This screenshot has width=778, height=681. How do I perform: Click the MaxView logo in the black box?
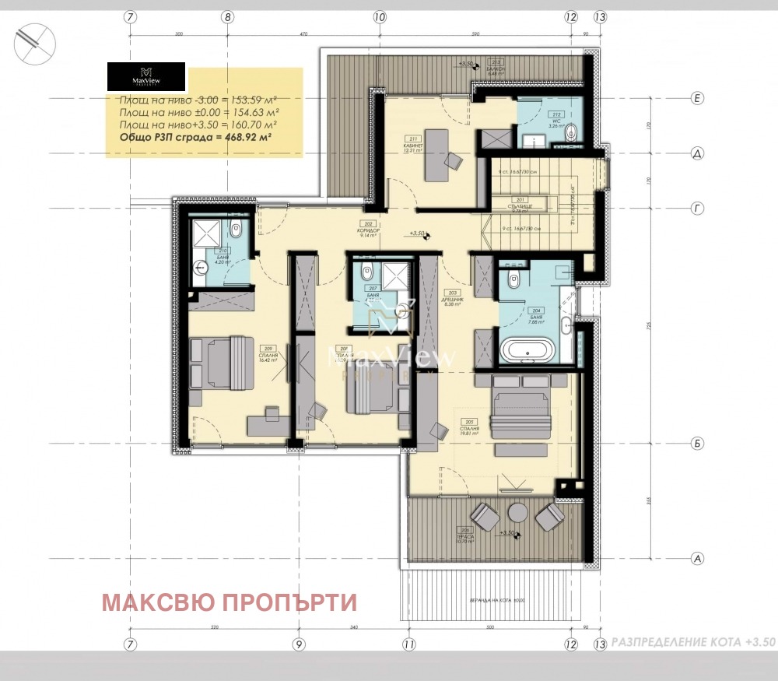coord(145,78)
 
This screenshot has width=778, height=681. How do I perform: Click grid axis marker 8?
coord(227,16)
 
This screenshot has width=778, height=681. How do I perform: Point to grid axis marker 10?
coord(379,16)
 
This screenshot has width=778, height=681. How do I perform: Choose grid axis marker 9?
coord(297,644)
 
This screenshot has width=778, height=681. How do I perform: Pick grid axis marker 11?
coord(408,644)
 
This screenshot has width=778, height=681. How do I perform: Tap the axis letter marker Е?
coord(698,98)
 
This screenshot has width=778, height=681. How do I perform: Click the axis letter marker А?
coord(698,559)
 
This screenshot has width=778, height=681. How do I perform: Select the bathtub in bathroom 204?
coord(527,350)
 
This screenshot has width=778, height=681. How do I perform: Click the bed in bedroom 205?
coord(521,406)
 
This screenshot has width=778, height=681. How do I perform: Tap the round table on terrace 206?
coord(517,512)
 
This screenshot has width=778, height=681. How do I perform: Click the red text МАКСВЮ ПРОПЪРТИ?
coord(230,602)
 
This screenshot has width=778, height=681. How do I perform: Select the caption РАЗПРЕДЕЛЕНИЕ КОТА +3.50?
coord(693,643)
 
